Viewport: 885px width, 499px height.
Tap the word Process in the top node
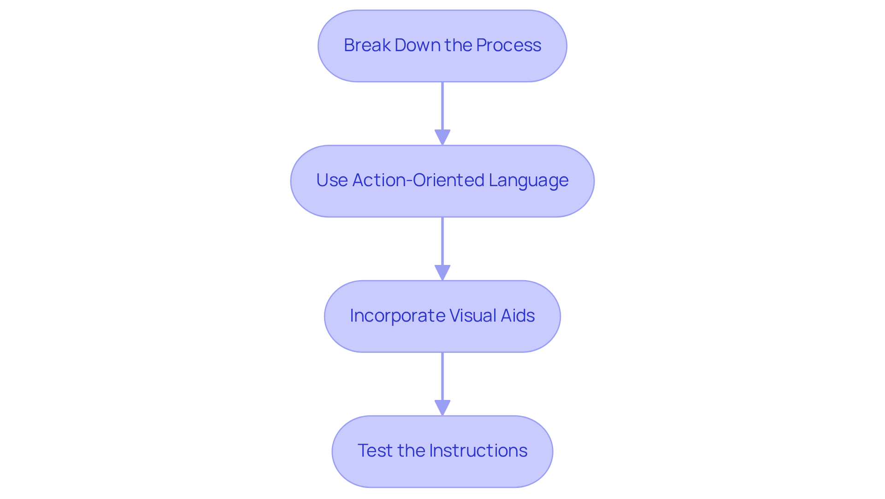click(x=508, y=45)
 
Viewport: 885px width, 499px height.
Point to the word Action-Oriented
click(x=418, y=180)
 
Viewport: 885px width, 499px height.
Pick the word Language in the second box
click(x=528, y=181)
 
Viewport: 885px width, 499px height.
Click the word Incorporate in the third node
click(x=397, y=316)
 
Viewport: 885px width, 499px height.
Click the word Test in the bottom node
click(x=375, y=451)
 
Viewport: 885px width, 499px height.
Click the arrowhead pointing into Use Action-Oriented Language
click(x=442, y=137)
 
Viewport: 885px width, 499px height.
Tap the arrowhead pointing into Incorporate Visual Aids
click(x=442, y=272)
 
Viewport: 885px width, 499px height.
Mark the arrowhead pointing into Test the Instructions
click(x=442, y=408)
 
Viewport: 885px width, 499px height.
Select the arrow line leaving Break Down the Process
click(x=442, y=106)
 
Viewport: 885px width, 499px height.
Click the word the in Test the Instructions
click(x=412, y=451)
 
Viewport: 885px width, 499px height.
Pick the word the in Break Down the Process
click(x=458, y=45)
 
